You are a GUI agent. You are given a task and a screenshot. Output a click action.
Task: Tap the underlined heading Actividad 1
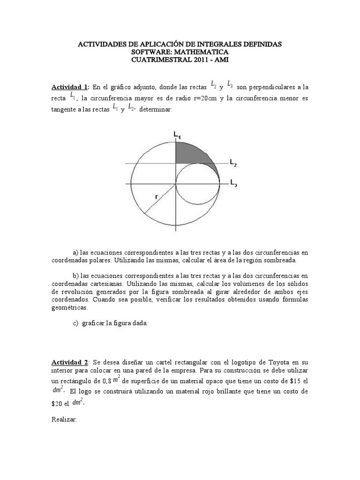click(70, 87)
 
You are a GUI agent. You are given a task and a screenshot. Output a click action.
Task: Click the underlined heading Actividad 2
click(70, 362)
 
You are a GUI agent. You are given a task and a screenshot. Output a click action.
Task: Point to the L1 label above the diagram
click(177, 135)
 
